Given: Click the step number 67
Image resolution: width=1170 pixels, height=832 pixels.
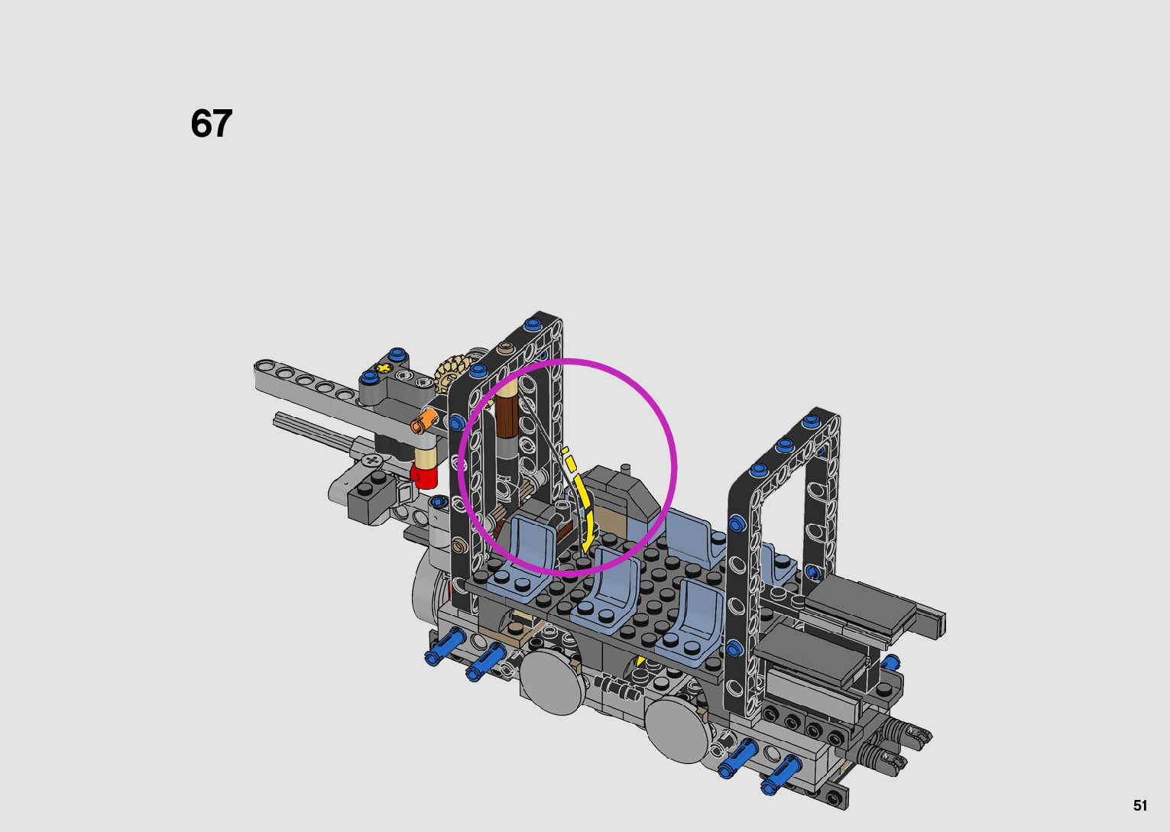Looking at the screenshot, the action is tap(211, 124).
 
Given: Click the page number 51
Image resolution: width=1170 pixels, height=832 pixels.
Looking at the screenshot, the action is tap(1139, 805).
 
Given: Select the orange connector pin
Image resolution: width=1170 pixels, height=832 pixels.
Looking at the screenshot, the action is tap(423, 421).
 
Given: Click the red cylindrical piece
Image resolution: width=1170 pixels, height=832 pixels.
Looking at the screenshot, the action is tap(423, 476).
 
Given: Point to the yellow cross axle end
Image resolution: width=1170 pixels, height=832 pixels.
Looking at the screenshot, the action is tap(384, 367).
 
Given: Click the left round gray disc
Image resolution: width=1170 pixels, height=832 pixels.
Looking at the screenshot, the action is tap(552, 682).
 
